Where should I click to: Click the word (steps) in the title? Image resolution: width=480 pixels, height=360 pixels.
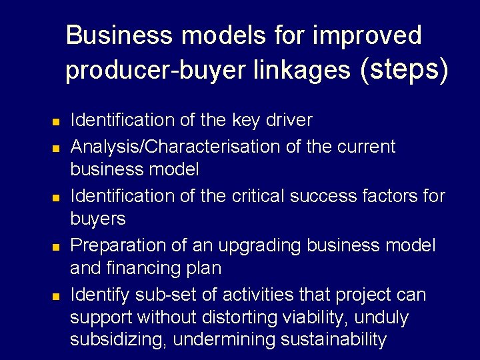coord(403,69)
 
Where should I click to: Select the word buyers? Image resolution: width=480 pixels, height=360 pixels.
coord(98,219)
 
